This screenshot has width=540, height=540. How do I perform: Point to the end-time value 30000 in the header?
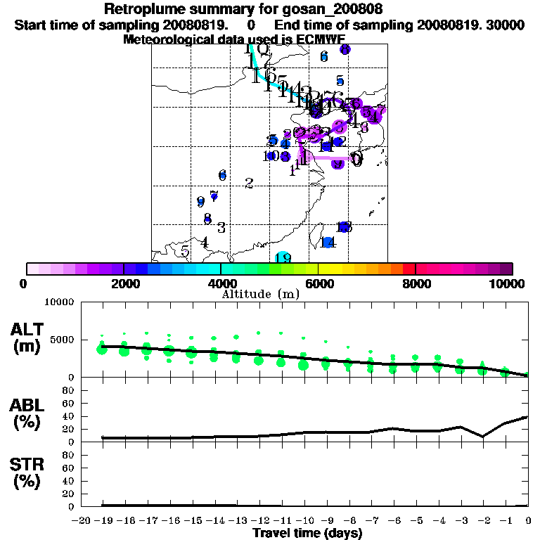pyautogui.click(x=504, y=25)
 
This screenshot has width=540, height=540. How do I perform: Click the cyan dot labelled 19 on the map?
pyautogui.click(x=283, y=257)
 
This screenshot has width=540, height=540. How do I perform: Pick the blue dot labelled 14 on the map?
pyautogui.click(x=328, y=243)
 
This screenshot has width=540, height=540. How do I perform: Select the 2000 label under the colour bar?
pyautogui.click(x=124, y=283)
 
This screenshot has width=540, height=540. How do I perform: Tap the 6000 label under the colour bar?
pyautogui.click(x=319, y=283)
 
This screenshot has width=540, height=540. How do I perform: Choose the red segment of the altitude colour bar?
pyautogui.click(x=409, y=269)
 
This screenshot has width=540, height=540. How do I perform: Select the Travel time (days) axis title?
pyautogui.click(x=307, y=533)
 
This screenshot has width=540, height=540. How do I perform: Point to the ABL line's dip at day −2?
pyautogui.click(x=482, y=436)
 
